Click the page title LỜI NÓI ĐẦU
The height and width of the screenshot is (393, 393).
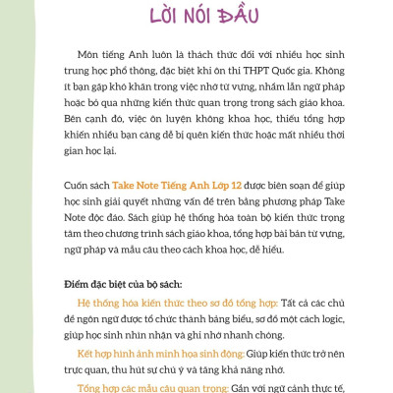(196, 17)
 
